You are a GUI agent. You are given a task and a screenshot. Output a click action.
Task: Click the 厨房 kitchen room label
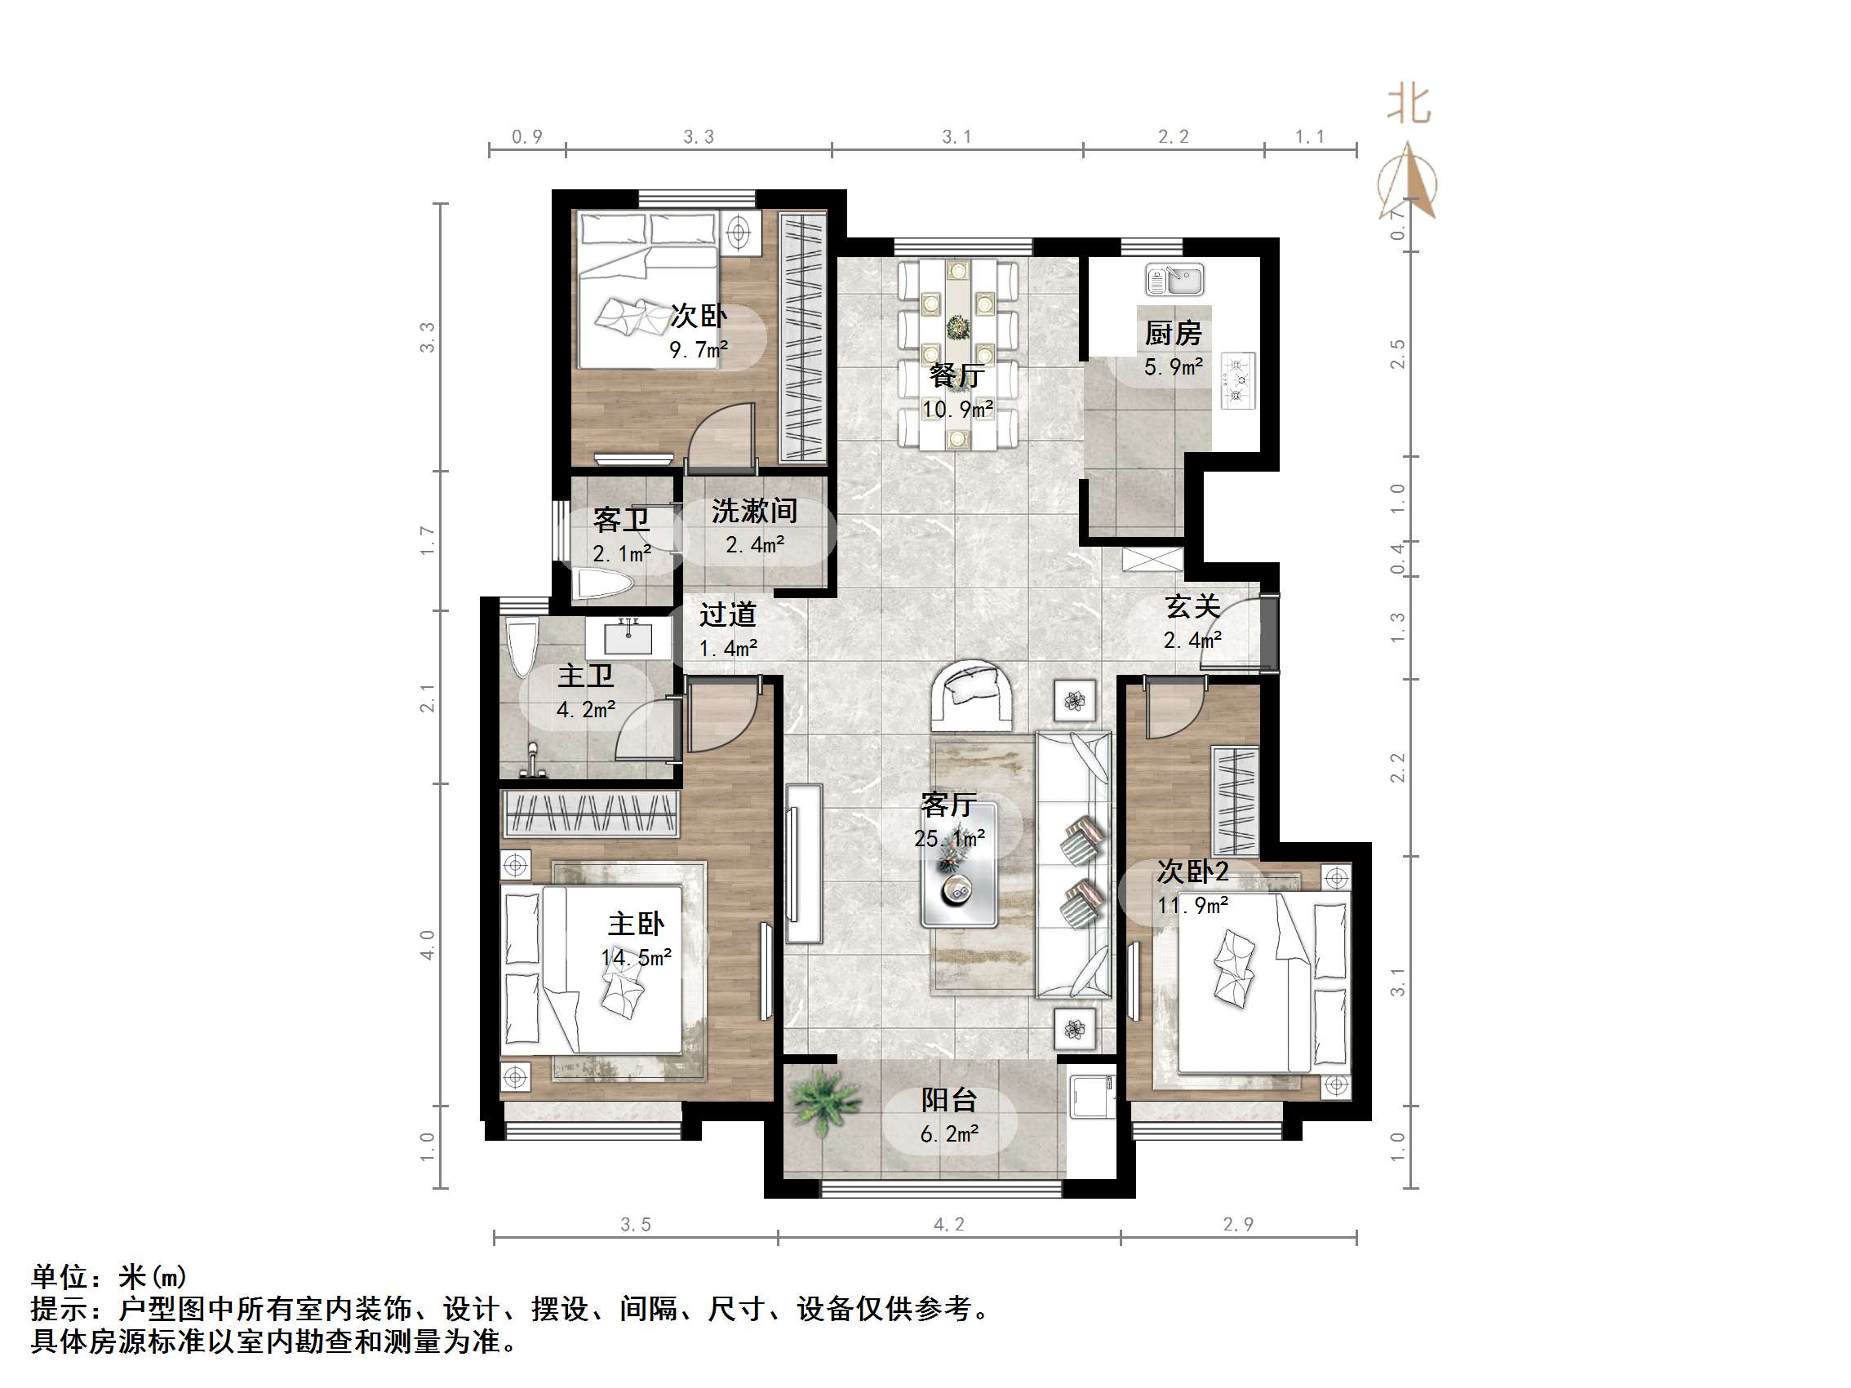[x=1172, y=333]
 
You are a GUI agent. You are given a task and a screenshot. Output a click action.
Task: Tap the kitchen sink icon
[x=1175, y=280]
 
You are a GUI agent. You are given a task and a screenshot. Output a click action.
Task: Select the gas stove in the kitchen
[x=1237, y=381]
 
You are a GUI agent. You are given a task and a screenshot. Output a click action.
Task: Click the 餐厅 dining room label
[x=957, y=375]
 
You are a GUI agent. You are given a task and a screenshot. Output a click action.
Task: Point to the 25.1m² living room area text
[x=949, y=838]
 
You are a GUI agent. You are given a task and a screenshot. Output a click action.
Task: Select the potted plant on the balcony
[x=823, y=1100]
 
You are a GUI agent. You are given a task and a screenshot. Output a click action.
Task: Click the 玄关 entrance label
[x=1192, y=605]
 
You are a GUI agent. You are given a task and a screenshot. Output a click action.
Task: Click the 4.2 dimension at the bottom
[x=949, y=1225]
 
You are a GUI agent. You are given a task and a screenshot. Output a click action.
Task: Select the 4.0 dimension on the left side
[x=428, y=945]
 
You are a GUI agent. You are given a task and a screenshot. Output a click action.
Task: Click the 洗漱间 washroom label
[x=754, y=510]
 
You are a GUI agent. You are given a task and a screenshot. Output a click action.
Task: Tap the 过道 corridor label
[x=727, y=614]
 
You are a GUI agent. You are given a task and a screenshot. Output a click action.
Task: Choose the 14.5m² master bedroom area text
[x=636, y=958]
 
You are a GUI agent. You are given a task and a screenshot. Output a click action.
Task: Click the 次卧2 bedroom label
[x=1192, y=871]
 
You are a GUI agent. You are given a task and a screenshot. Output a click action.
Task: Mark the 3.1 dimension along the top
[x=957, y=136]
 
